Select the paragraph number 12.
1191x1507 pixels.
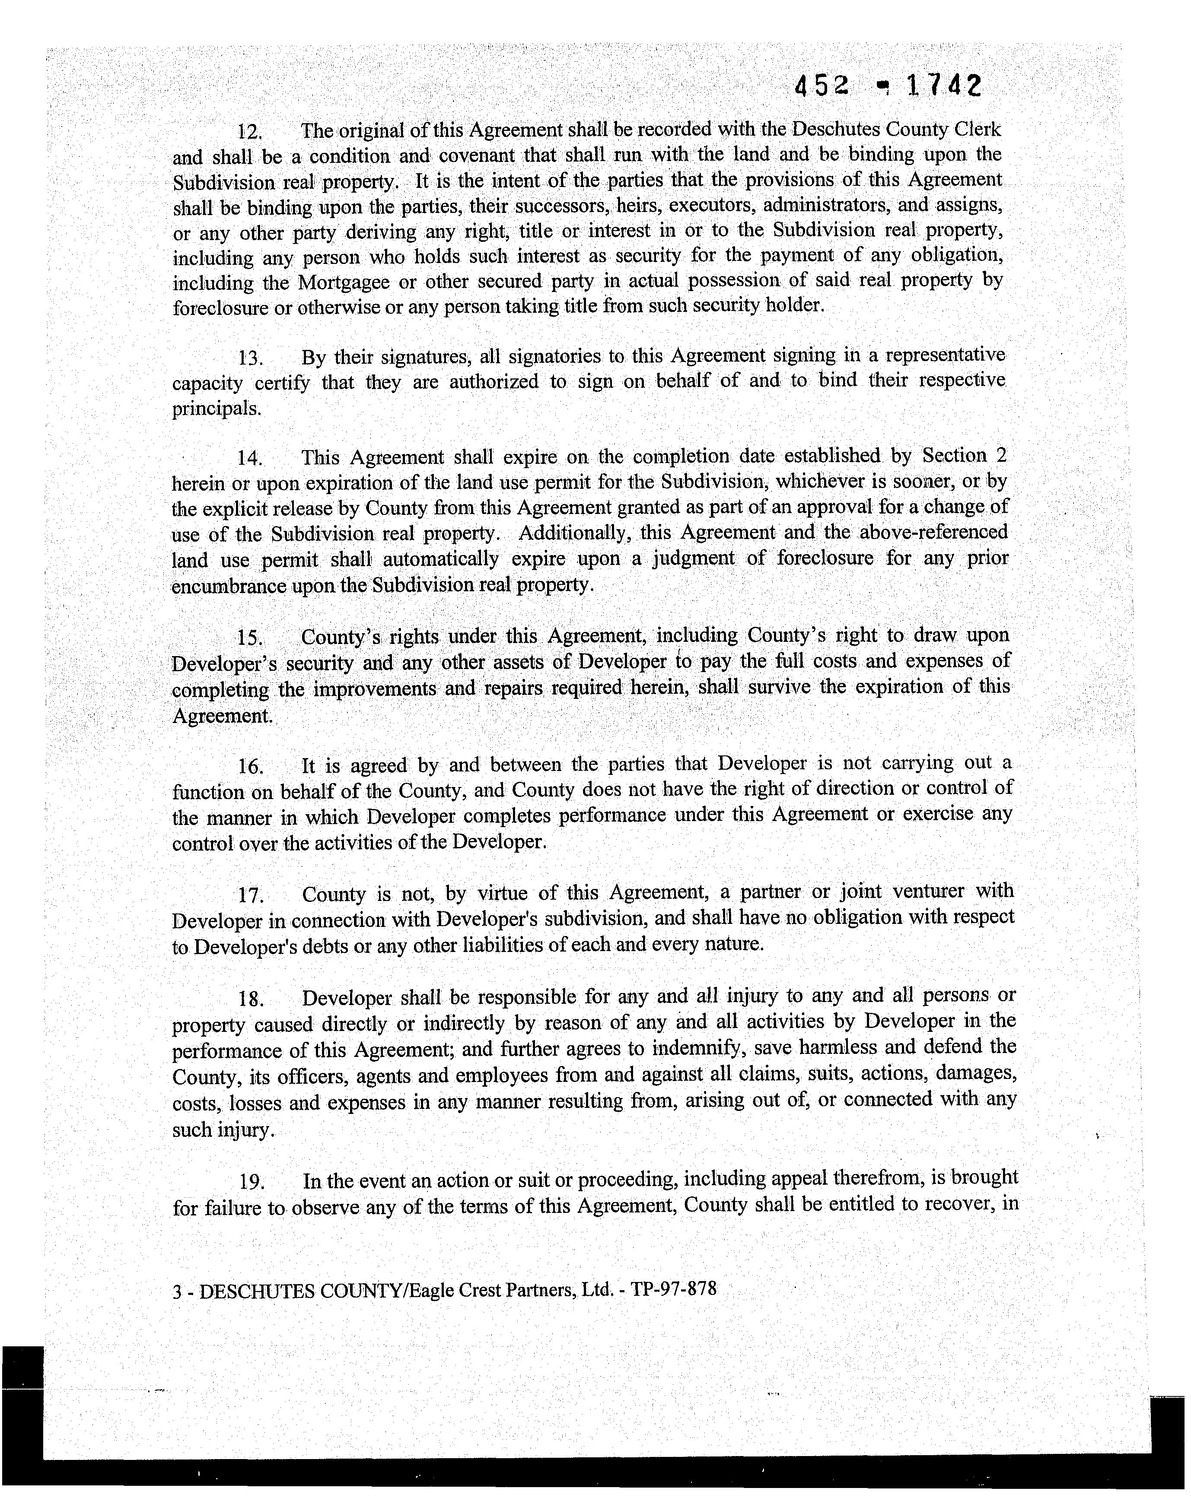[249, 132]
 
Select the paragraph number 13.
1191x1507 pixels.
[249, 359]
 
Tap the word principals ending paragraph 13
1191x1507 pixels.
[216, 409]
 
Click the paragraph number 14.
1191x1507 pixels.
[249, 459]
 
